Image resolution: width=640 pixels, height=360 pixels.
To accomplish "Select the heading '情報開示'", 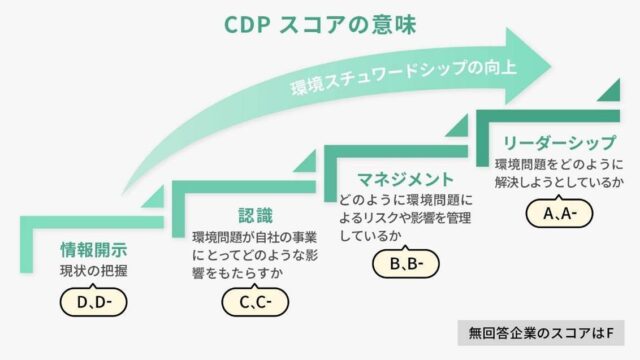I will point(92,249).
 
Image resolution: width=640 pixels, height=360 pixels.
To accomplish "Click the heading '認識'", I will point(255,215).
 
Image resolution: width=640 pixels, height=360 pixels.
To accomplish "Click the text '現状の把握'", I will point(93,271).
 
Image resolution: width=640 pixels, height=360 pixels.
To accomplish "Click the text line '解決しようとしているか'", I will point(560,183).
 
